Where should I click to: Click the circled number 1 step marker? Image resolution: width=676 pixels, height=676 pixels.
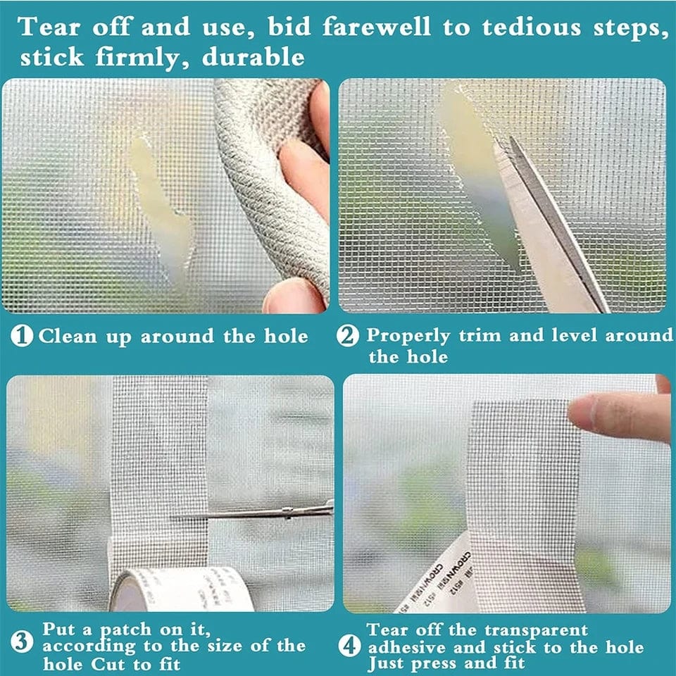click(24, 336)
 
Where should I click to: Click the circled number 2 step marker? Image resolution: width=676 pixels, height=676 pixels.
click(347, 336)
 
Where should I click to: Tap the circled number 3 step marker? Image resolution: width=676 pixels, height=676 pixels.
click(23, 643)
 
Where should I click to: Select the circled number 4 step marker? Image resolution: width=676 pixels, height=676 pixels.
click(347, 644)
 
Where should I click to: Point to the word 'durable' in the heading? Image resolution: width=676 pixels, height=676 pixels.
click(254, 57)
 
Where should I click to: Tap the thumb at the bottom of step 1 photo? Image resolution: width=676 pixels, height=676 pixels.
click(292, 296)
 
